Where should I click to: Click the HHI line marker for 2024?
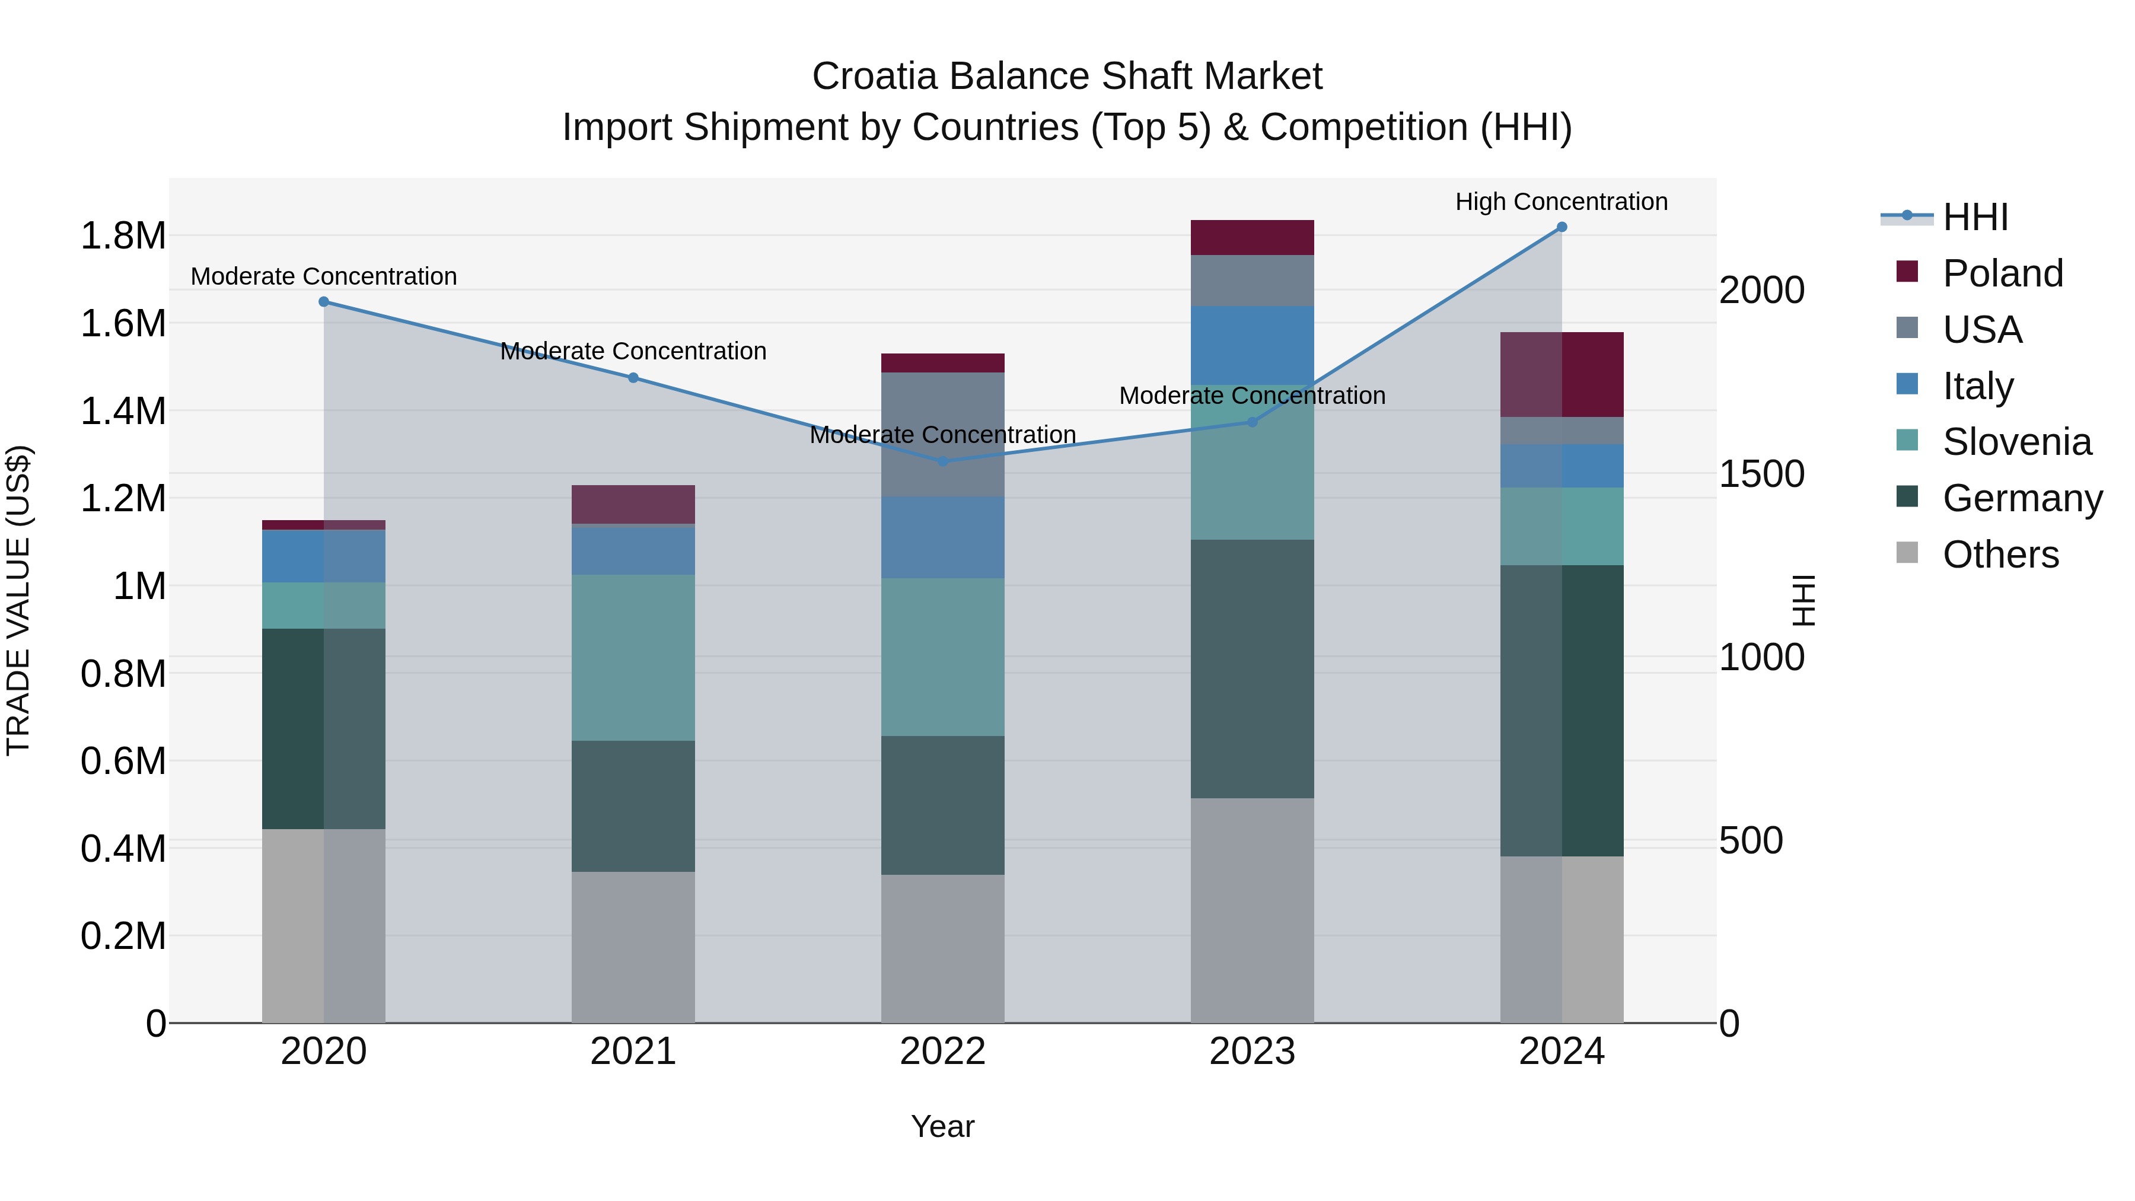(x=1562, y=227)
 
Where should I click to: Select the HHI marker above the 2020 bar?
(x=324, y=302)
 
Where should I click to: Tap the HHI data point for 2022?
(x=942, y=461)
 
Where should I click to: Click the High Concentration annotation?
(x=1562, y=202)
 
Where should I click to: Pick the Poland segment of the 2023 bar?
(x=1253, y=238)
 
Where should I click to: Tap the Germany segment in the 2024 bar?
(x=1562, y=711)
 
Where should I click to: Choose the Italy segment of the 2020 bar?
(x=324, y=556)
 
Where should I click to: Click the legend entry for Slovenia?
(x=2016, y=442)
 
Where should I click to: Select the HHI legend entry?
(x=1975, y=217)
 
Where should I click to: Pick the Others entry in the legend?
(x=2000, y=555)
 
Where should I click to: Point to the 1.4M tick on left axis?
(x=123, y=411)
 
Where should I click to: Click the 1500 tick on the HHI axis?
(x=1762, y=474)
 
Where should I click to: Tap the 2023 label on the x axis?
(x=1253, y=1052)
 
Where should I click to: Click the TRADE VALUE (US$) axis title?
(x=18, y=600)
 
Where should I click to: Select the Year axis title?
(x=942, y=1126)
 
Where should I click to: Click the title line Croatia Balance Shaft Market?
(x=1067, y=77)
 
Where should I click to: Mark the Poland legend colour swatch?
(x=1907, y=272)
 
